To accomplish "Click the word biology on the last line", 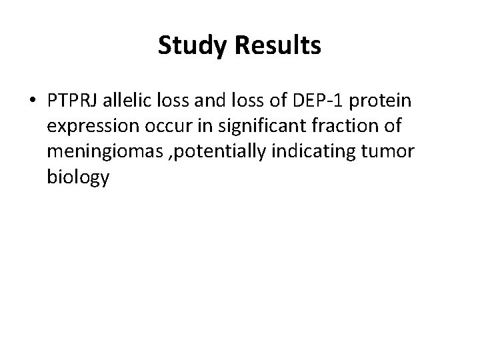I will coord(79,176).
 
